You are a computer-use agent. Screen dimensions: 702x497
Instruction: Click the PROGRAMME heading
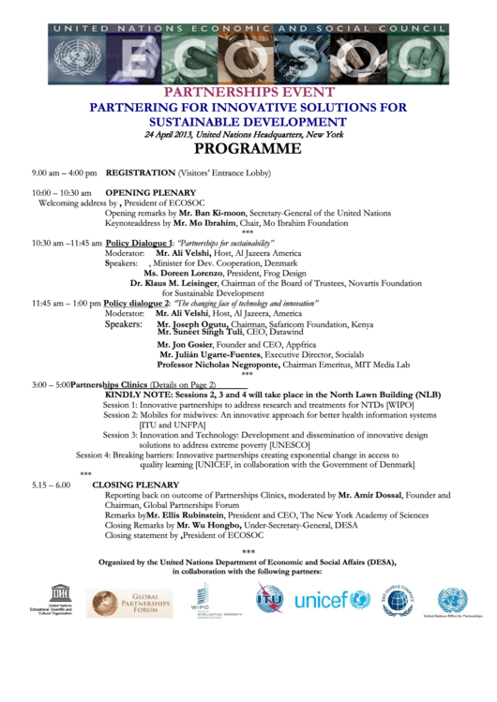[x=248, y=149]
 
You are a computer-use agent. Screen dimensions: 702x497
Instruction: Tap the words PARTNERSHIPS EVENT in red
[x=248, y=93]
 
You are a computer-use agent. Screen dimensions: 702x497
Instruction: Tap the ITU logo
[x=270, y=598]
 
